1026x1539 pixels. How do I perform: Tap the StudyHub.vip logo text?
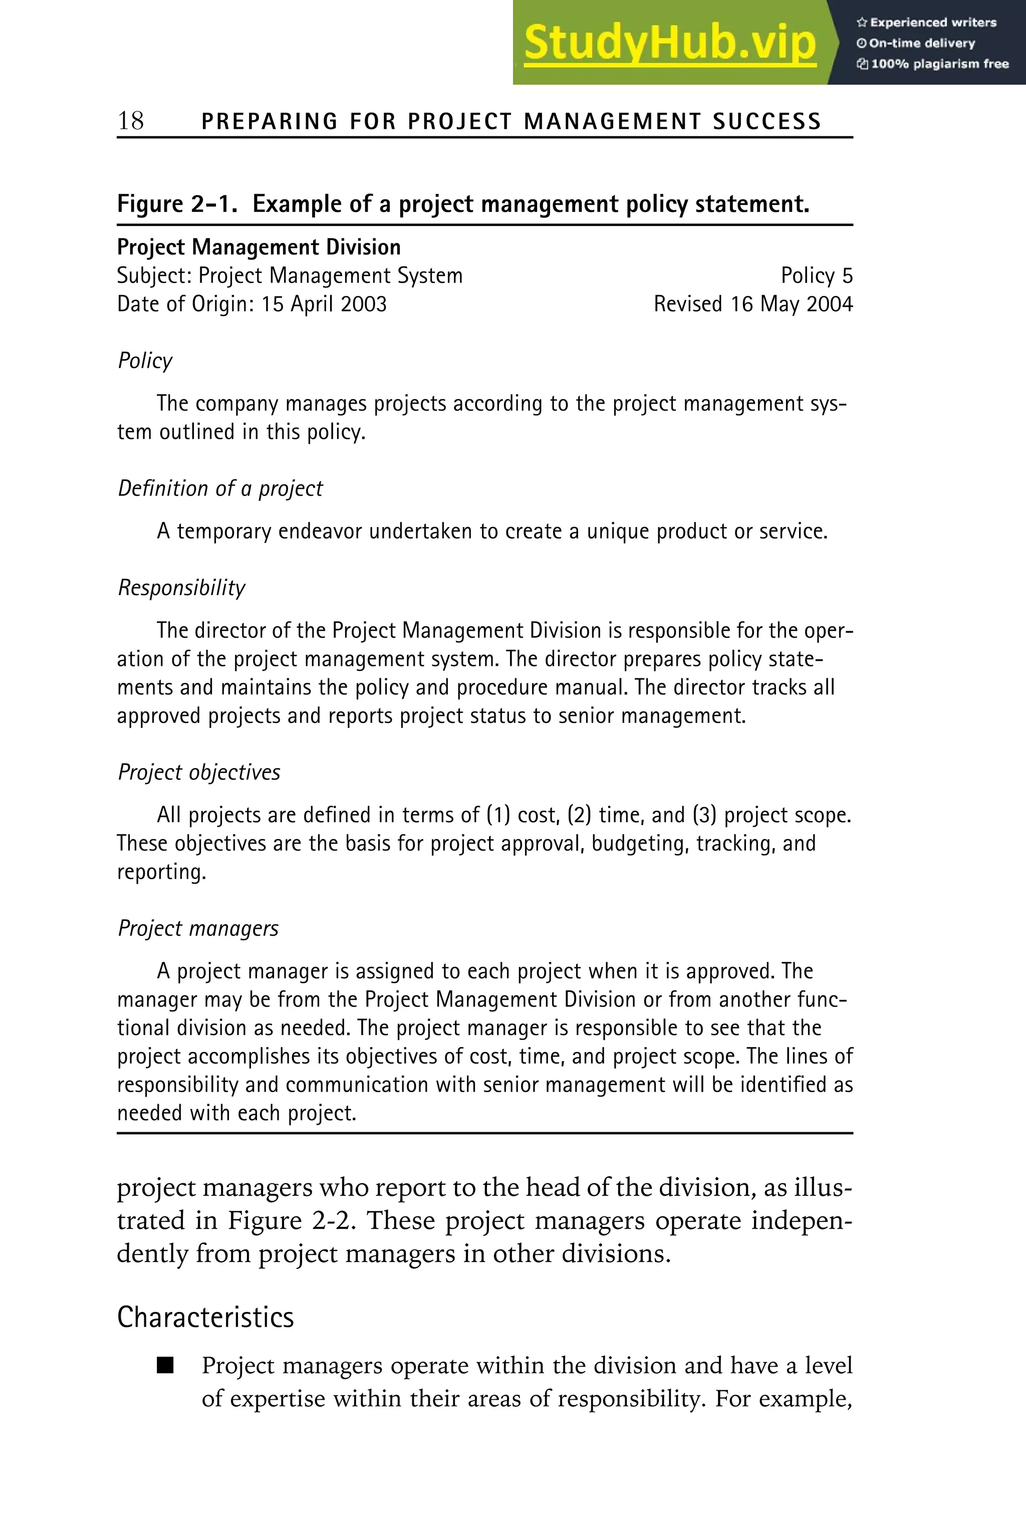[x=669, y=43]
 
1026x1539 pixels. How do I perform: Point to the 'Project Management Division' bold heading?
[x=259, y=247]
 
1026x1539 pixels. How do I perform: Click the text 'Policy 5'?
[x=816, y=276]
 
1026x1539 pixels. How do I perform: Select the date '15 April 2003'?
[x=324, y=304]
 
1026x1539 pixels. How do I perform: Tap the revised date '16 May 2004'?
[x=791, y=304]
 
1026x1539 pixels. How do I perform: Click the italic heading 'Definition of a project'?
[x=220, y=488]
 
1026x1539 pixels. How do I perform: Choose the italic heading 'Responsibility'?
[x=181, y=588]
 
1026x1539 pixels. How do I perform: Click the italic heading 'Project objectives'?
[x=199, y=772]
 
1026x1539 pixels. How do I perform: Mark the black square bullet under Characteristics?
[x=165, y=1366]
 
